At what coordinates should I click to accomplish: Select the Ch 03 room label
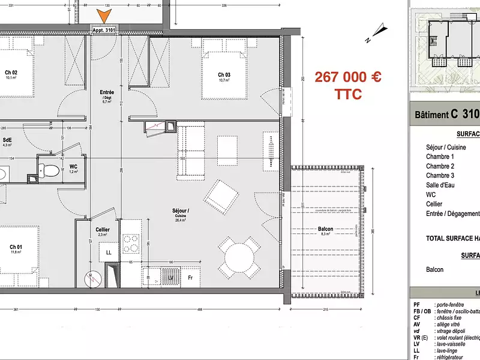(x=224, y=74)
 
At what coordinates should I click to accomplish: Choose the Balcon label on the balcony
(x=326, y=229)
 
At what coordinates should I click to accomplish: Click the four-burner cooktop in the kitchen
(x=131, y=242)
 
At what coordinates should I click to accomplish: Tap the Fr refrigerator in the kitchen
(x=190, y=278)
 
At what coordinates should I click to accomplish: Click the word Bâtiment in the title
(x=431, y=115)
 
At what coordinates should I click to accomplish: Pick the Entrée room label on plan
(x=107, y=92)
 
